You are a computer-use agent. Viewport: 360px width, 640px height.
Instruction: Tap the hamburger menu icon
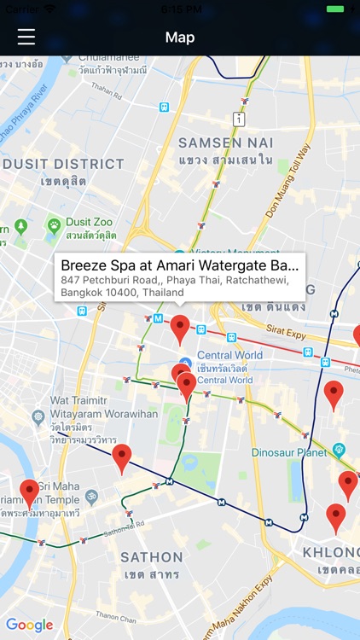pyautogui.click(x=26, y=37)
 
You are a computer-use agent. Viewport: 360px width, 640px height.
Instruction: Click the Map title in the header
pyautogui.click(x=180, y=38)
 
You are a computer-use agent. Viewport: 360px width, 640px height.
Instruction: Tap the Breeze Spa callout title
pyautogui.click(x=180, y=265)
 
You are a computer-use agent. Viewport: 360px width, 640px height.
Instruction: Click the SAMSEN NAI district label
pyautogui.click(x=226, y=143)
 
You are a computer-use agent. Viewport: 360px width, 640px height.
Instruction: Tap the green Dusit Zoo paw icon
pyautogui.click(x=55, y=225)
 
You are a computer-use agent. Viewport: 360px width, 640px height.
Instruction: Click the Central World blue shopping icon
pyautogui.click(x=185, y=364)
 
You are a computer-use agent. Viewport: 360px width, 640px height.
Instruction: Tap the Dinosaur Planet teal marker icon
pyautogui.click(x=340, y=448)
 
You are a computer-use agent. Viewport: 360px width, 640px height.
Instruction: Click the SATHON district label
pyautogui.click(x=151, y=557)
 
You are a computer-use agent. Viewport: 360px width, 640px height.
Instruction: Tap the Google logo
pyautogui.click(x=29, y=625)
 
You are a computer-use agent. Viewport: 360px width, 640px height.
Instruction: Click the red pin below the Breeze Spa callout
pyautogui.click(x=180, y=328)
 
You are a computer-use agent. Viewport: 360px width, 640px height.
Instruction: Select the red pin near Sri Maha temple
pyautogui.click(x=30, y=493)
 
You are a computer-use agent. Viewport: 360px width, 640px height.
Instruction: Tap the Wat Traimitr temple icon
pyautogui.click(x=38, y=417)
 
